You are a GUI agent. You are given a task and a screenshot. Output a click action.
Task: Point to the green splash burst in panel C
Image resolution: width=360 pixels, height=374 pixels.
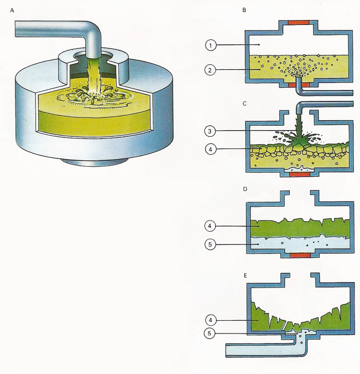tap(302, 139)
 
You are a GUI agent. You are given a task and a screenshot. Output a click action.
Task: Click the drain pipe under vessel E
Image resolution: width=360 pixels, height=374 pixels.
tap(260, 350)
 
